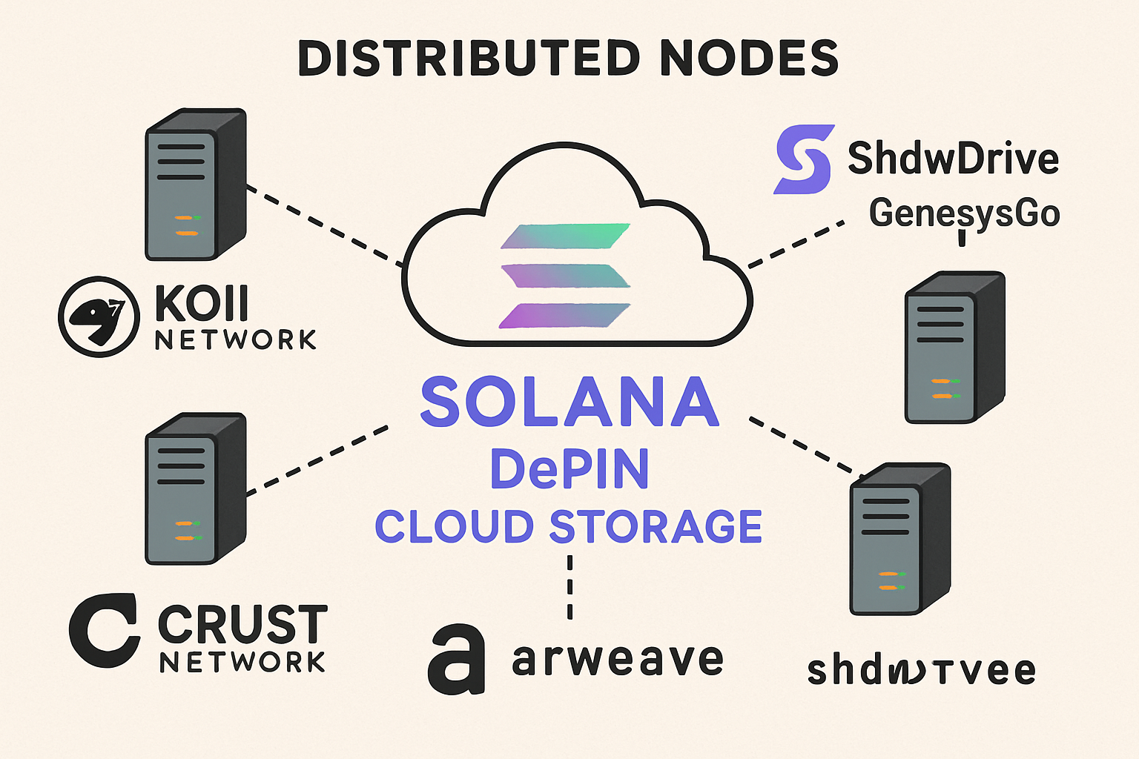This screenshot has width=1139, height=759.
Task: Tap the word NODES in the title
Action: (x=749, y=59)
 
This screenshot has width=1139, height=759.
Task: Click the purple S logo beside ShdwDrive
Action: (x=804, y=159)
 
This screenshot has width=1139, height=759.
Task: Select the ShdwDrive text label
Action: (x=953, y=158)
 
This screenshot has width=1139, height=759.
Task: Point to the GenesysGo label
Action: (x=964, y=213)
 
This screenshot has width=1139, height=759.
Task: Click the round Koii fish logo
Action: (x=99, y=316)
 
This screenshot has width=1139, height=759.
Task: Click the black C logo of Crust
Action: (x=104, y=630)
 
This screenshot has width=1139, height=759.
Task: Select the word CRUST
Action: (x=242, y=625)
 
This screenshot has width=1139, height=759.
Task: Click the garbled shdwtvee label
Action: (x=921, y=671)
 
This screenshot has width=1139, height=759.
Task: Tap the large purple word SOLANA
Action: (x=569, y=402)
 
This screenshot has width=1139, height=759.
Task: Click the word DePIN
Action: (x=569, y=468)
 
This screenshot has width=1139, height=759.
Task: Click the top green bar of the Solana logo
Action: (x=565, y=236)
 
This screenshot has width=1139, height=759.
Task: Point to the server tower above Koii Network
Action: (x=195, y=185)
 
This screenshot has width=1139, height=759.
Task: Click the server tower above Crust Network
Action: (x=195, y=489)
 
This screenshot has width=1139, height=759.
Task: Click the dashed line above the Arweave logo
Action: (x=569, y=586)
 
